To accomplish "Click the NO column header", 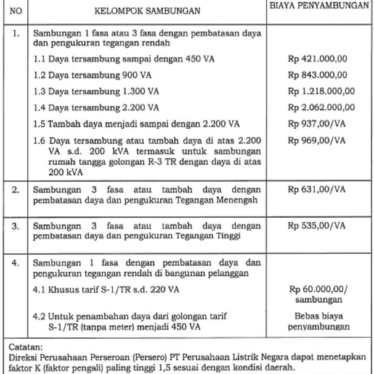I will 16,12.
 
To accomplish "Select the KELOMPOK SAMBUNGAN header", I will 147,12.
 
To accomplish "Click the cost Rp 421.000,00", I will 317,59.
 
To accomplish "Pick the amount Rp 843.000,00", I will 317,75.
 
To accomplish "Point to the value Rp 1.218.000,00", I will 321,91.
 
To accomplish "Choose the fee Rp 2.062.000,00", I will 321,108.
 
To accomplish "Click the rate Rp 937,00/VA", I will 317,124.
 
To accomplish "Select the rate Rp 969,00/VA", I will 317,140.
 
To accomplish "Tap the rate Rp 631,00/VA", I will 317,189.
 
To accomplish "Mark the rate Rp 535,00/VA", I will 317,225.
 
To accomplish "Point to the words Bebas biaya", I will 319,316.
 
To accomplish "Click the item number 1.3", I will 40,91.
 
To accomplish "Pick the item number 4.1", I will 40,290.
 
